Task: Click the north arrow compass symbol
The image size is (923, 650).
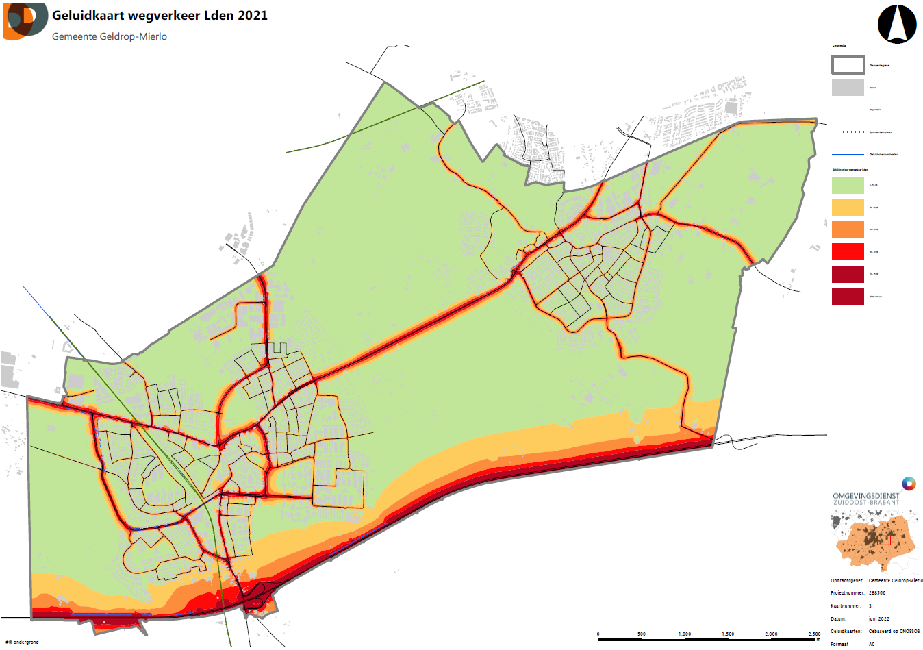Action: [x=897, y=25]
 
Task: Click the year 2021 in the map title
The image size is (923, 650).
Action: [x=253, y=15]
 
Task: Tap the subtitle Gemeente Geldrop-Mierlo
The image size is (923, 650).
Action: [x=110, y=36]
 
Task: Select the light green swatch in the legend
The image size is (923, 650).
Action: [x=848, y=185]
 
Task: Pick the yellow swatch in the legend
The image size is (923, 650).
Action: [x=848, y=207]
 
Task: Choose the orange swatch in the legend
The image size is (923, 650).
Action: [x=848, y=229]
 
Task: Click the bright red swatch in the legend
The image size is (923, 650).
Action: [x=848, y=252]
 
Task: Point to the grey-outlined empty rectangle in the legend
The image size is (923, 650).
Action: [x=848, y=65]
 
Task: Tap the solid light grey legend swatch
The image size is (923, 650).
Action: [x=848, y=87]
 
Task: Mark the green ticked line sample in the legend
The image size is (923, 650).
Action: [x=848, y=132]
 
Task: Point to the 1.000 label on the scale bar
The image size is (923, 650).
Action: [x=685, y=634]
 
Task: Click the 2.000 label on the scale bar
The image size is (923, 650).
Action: [x=771, y=634]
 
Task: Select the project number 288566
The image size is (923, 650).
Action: [x=877, y=593]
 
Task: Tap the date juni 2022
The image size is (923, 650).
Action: [x=879, y=618]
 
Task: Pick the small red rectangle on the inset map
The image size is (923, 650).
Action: [x=884, y=540]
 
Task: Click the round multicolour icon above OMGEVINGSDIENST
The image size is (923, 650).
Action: [x=909, y=484]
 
